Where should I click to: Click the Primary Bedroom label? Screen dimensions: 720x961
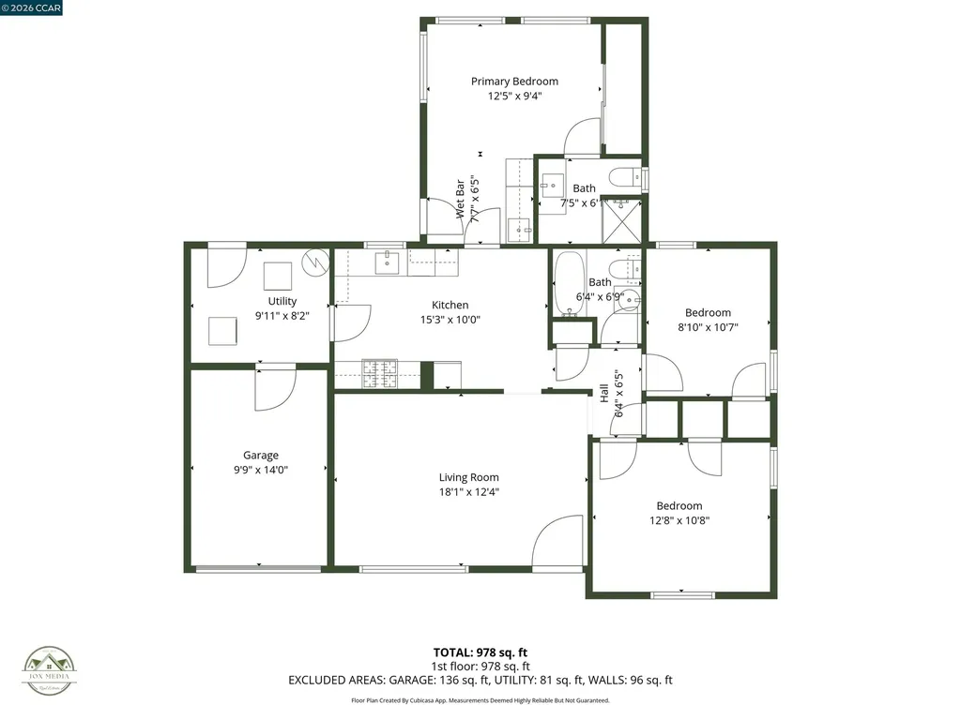coord(514,82)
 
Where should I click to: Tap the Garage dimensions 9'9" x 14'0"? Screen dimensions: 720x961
coord(260,471)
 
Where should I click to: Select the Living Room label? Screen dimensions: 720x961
coord(468,477)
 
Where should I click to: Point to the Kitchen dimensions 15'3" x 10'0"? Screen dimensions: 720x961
coord(450,319)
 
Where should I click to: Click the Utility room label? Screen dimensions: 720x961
coord(282,301)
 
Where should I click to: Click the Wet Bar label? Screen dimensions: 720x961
coord(461,199)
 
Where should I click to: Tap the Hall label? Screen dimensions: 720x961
coord(604,394)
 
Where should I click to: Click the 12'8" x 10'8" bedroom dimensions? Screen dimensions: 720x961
coord(679,520)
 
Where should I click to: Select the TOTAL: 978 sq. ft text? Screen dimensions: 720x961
coord(480,652)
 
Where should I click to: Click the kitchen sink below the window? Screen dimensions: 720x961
coord(389,263)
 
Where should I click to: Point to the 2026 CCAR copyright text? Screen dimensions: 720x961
coord(34,7)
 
